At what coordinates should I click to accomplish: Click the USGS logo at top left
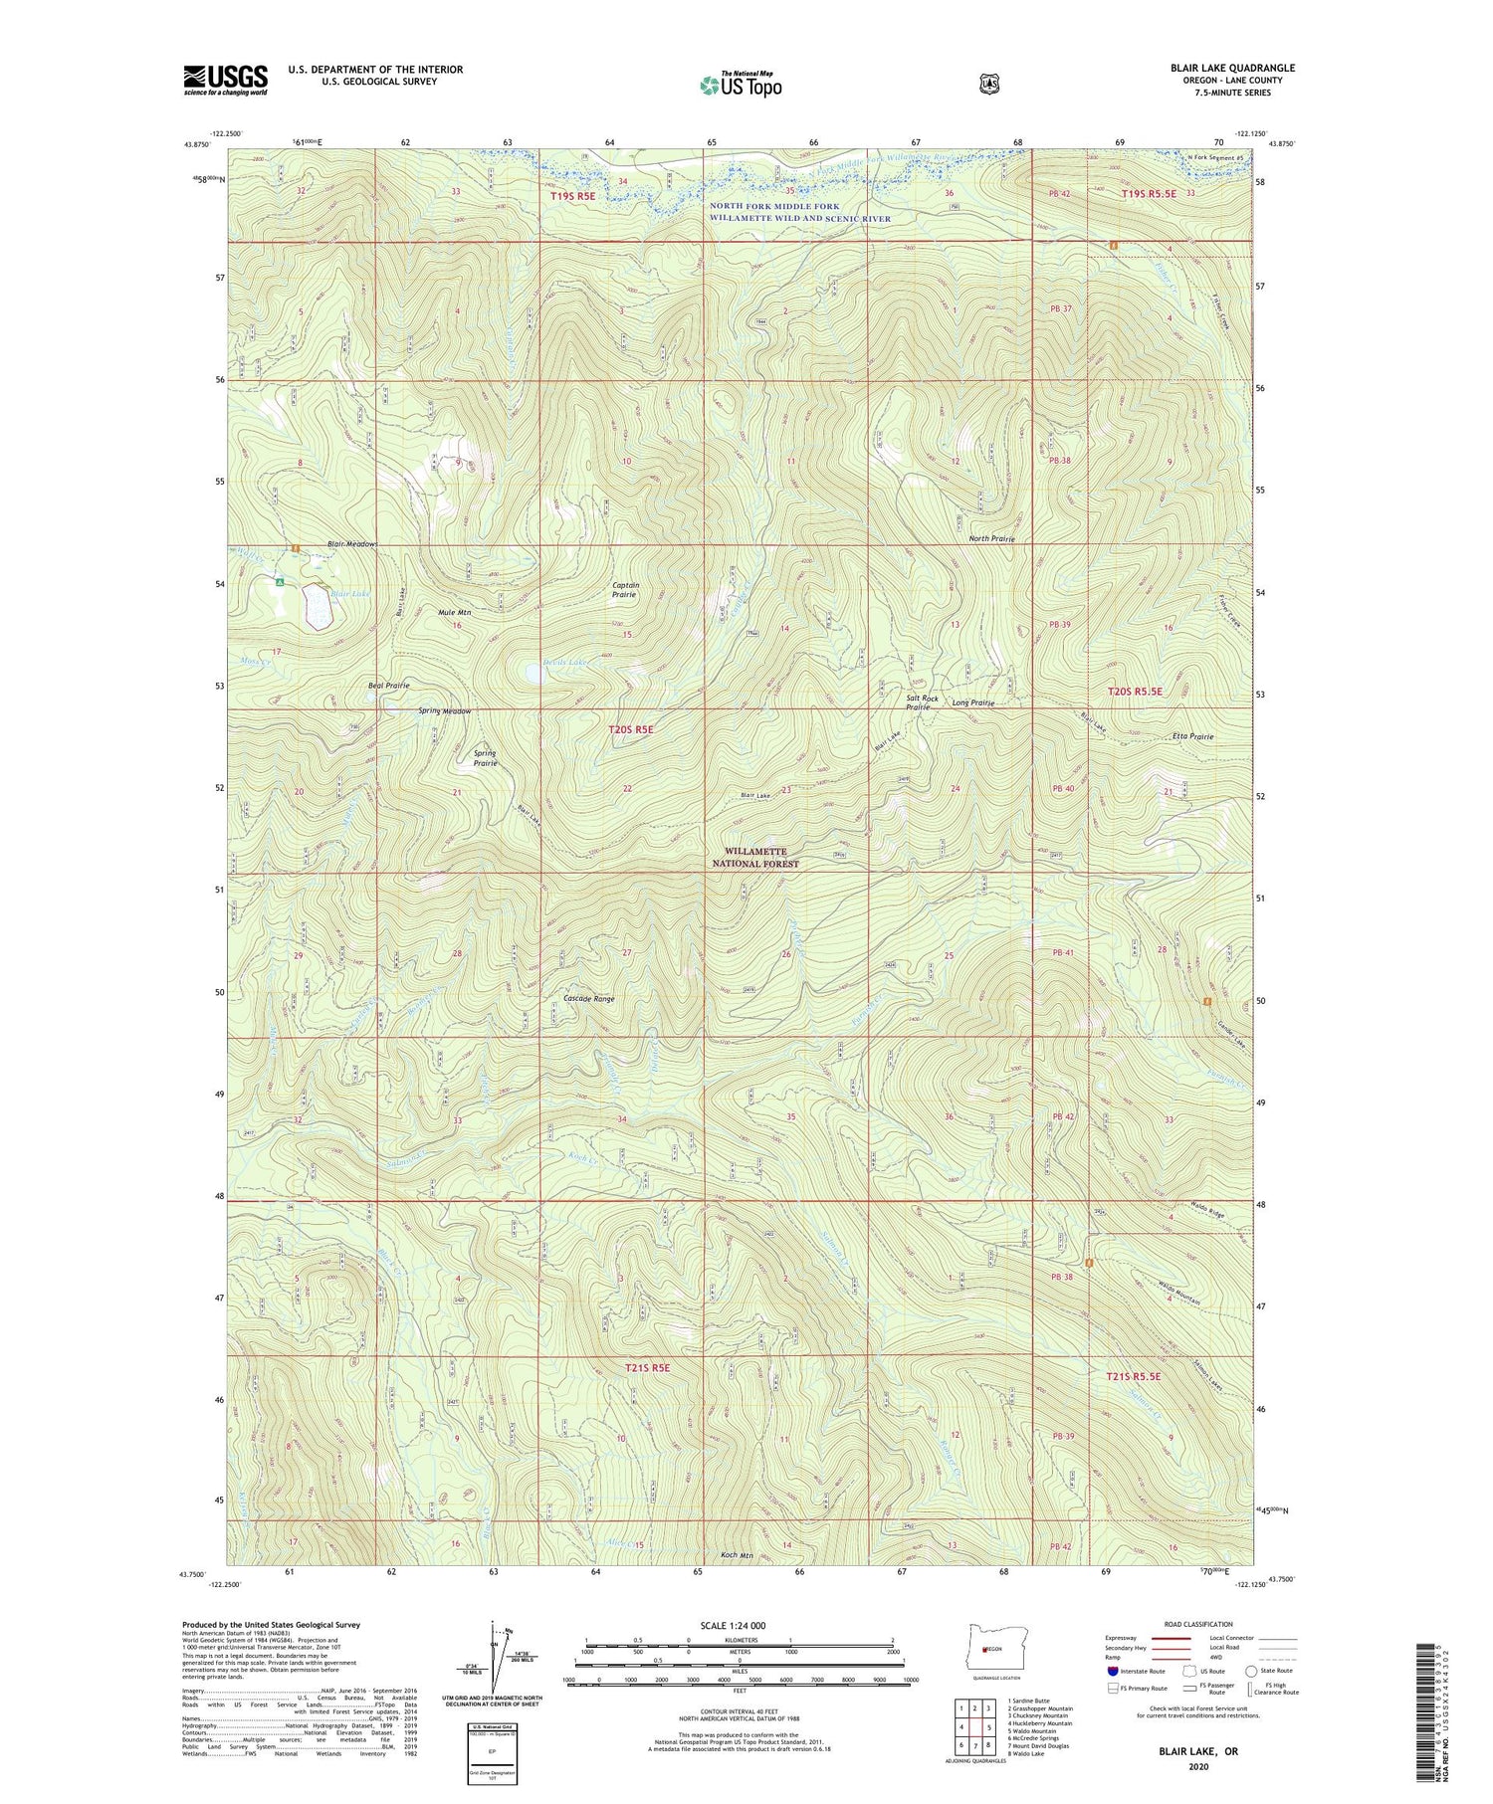click(x=225, y=80)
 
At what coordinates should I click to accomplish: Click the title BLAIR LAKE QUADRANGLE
click(x=1232, y=68)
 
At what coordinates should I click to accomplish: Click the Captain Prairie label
click(x=625, y=590)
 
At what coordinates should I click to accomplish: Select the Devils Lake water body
click(x=534, y=674)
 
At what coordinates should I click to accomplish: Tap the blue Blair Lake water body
click(x=317, y=607)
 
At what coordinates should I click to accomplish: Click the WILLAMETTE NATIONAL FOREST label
click(x=754, y=858)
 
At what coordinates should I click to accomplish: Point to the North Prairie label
click(x=991, y=538)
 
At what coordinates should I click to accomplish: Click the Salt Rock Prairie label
click(x=922, y=702)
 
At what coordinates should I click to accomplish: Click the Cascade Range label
click(x=588, y=998)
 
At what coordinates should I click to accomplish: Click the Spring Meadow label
click(x=444, y=711)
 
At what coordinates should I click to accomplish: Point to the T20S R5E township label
click(x=631, y=729)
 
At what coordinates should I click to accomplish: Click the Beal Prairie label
click(x=389, y=686)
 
